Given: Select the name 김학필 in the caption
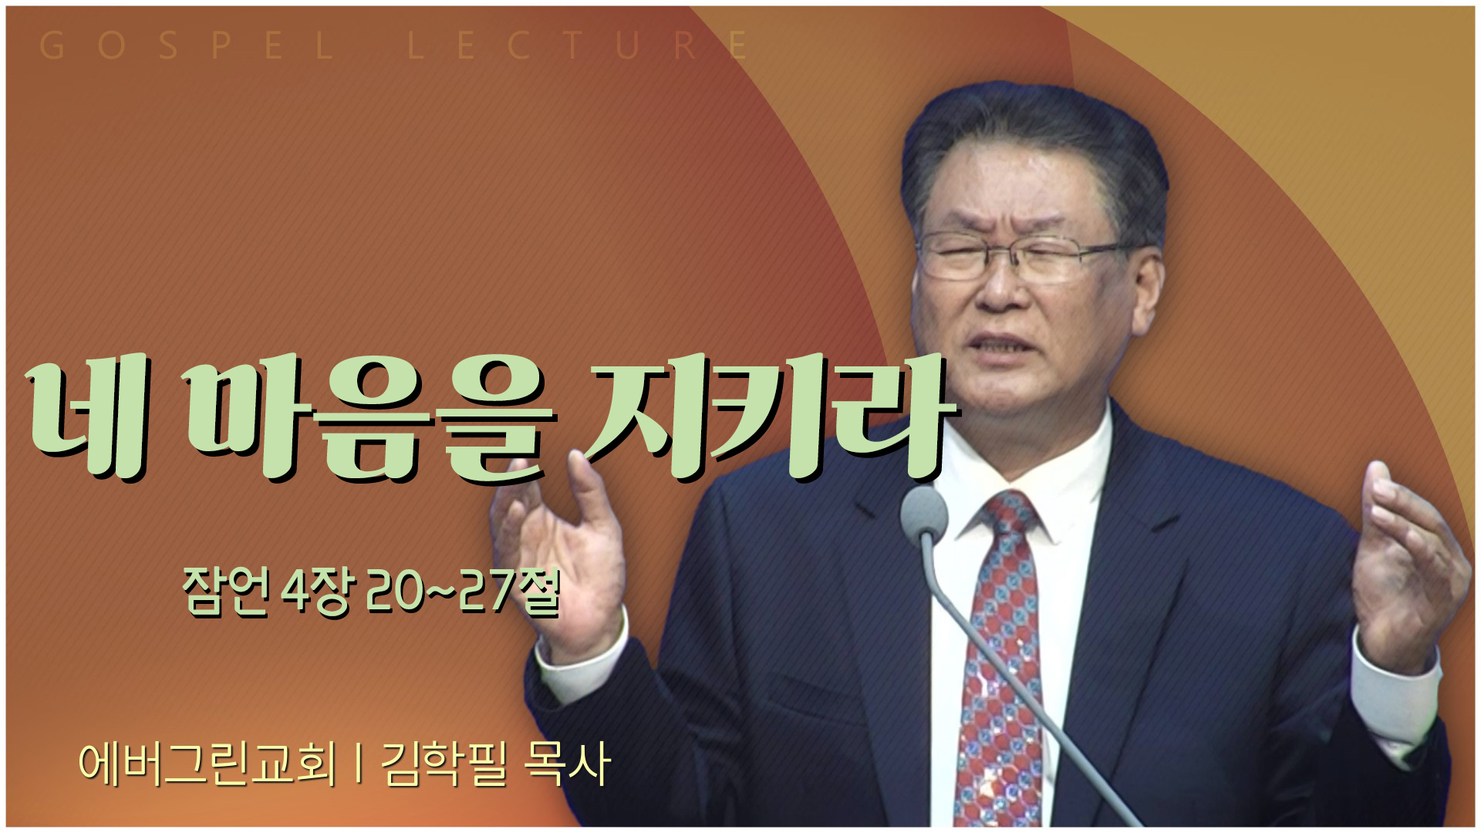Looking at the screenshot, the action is click(x=444, y=764).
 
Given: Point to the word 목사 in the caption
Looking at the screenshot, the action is click(x=568, y=764).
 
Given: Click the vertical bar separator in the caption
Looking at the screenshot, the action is click(x=359, y=764).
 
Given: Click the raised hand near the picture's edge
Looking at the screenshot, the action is click(x=1408, y=563).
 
